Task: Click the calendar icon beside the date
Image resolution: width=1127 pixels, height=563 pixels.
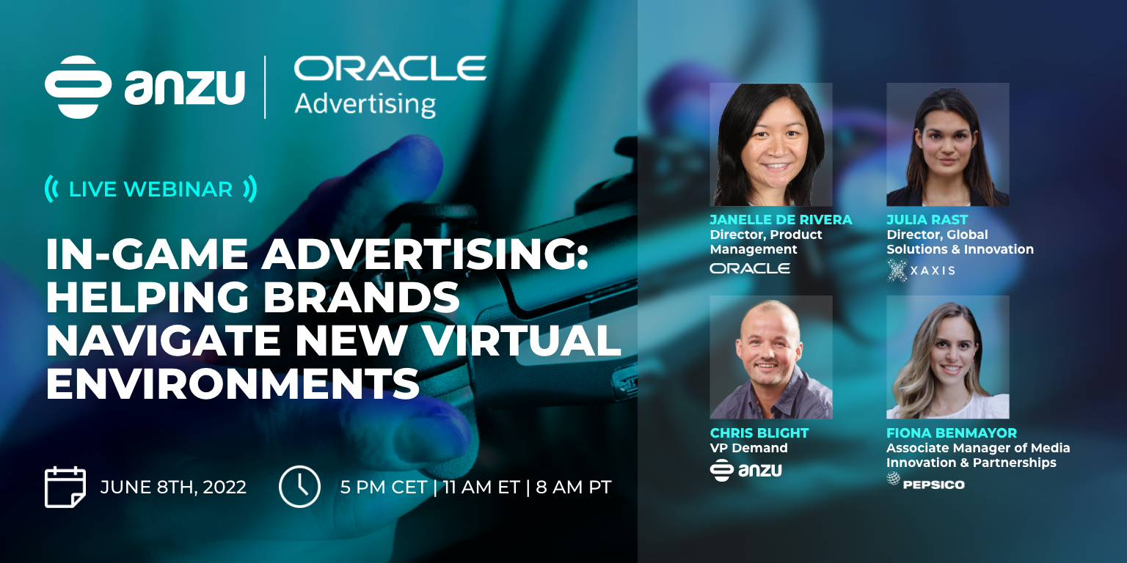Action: (x=65, y=487)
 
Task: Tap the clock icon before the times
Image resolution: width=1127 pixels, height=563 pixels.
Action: (x=299, y=487)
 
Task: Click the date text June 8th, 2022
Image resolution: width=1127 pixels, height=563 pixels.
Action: (x=173, y=487)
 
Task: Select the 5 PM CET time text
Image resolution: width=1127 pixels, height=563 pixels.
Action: (x=384, y=487)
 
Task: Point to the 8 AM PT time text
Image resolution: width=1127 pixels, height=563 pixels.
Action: (x=574, y=487)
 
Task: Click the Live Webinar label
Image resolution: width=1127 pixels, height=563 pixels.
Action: (x=150, y=189)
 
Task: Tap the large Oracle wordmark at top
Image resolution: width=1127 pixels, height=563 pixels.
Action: (x=390, y=68)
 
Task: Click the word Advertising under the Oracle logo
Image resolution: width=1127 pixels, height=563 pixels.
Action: (x=365, y=104)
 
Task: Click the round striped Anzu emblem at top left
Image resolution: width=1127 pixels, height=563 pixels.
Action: (x=78, y=87)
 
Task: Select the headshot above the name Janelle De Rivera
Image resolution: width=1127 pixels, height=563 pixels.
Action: (x=771, y=144)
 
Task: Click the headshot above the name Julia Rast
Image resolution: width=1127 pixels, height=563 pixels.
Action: (x=947, y=144)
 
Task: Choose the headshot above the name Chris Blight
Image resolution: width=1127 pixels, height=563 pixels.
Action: (x=771, y=357)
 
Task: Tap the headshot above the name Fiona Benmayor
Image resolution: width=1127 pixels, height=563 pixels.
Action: (x=947, y=357)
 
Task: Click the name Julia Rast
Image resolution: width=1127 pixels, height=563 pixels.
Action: (x=927, y=220)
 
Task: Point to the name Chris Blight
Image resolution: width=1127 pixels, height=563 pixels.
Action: (x=759, y=433)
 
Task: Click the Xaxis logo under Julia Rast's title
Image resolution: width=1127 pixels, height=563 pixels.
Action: (x=921, y=271)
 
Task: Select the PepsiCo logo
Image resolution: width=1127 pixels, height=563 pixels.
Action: (x=925, y=482)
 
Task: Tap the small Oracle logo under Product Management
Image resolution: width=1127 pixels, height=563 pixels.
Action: (x=750, y=268)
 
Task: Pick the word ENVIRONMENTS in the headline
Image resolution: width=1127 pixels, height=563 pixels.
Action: (x=233, y=383)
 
